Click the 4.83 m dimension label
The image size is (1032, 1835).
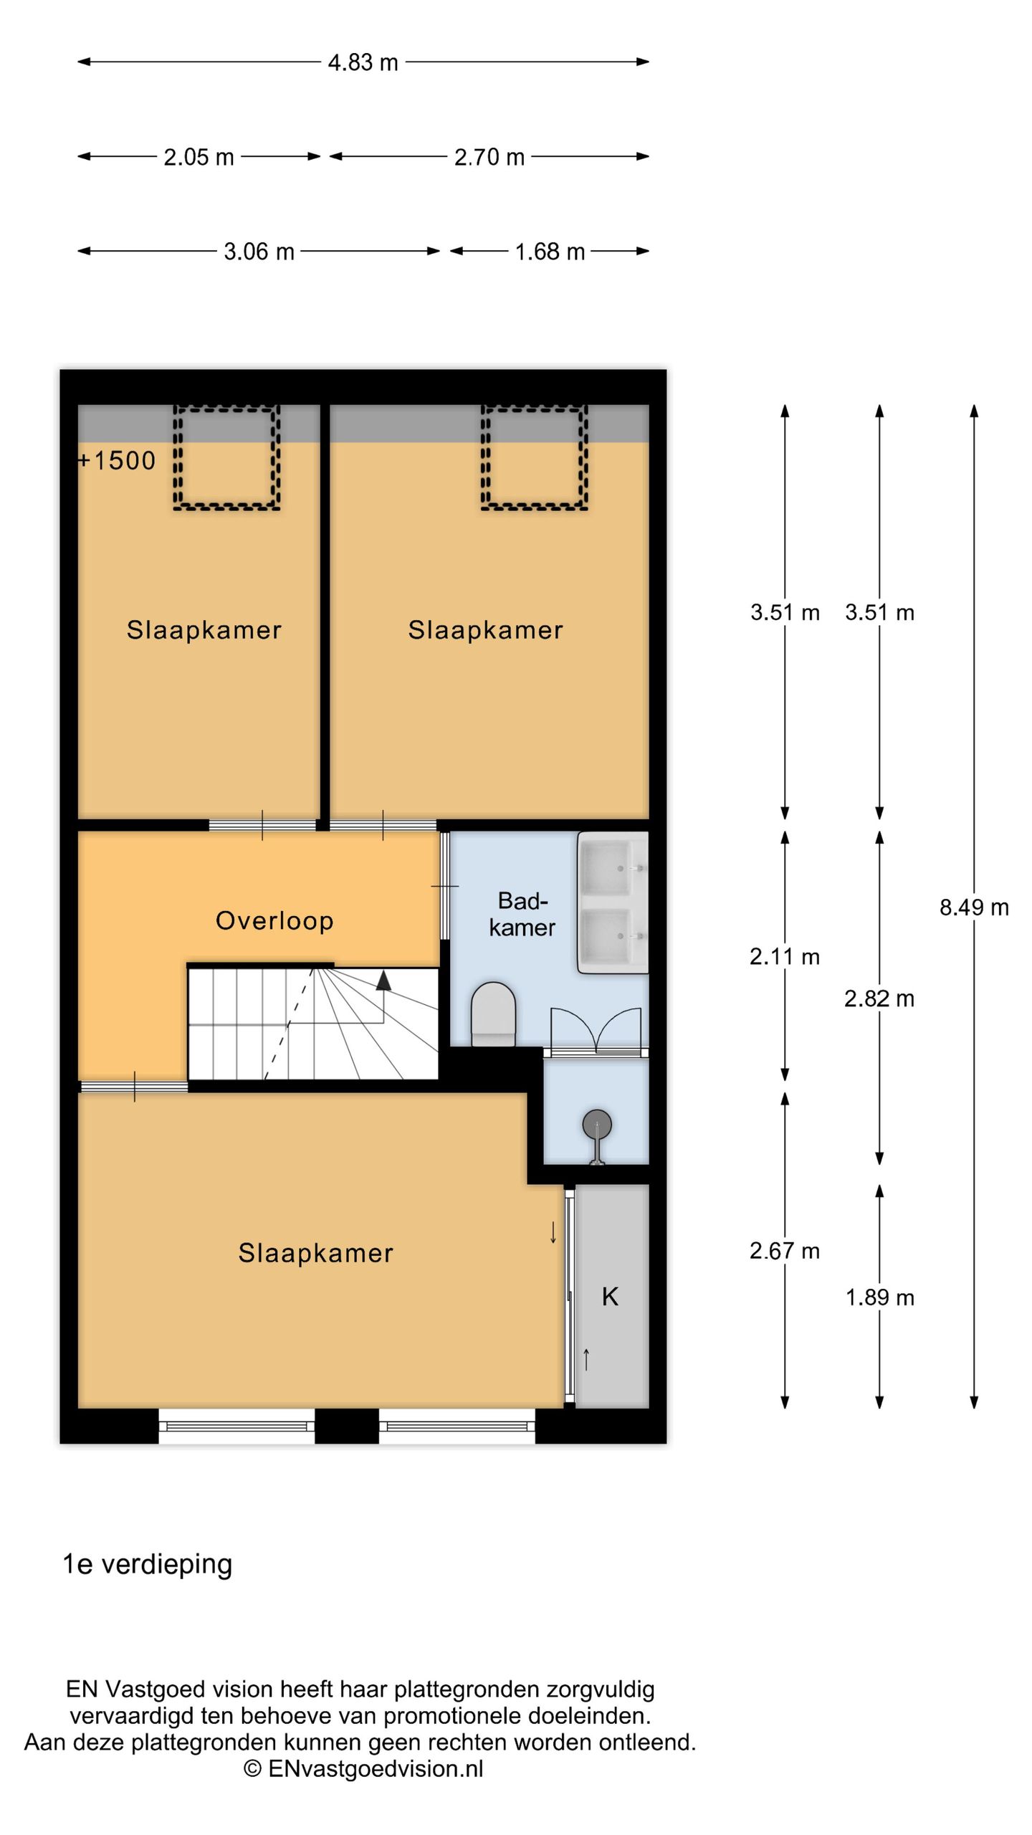coord(363,62)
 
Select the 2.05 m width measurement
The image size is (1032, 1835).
coord(199,157)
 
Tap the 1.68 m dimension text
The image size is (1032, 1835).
coord(550,252)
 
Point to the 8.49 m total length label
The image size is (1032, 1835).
coord(974,907)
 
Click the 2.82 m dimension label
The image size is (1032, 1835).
coord(879,998)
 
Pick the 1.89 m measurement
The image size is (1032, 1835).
coord(879,1297)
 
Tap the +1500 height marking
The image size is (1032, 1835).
coord(117,460)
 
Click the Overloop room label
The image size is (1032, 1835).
coord(274,920)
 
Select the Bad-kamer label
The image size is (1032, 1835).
coord(522,914)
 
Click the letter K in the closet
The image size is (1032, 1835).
coord(610,1296)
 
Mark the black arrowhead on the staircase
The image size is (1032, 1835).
coord(383,980)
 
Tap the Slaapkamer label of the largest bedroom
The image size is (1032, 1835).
coord(315,1253)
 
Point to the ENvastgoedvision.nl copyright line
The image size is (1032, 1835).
coord(363,1768)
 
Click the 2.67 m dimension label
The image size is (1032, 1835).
coord(785,1251)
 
